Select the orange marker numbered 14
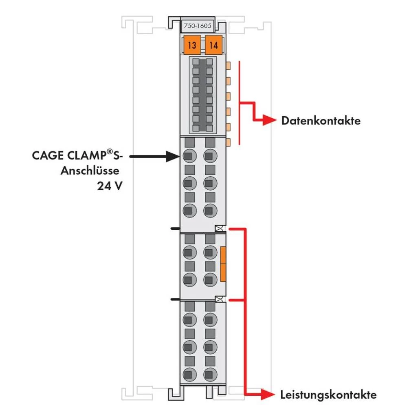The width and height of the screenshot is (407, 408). pos(213,45)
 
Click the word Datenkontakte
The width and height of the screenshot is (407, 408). pos(321,121)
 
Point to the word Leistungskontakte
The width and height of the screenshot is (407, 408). pos(328,395)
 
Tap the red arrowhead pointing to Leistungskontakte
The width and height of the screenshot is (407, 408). pos(269,394)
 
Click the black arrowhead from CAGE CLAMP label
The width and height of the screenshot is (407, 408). pos(173,155)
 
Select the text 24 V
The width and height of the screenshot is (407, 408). pos(110,186)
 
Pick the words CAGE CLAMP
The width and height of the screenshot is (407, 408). pos(68,156)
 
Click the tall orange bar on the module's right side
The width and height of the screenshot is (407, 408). pos(223,264)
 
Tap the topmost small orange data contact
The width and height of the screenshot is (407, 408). pos(228,65)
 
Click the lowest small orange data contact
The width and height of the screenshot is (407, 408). pos(228,142)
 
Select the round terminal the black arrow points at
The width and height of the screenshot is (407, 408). pos(188,155)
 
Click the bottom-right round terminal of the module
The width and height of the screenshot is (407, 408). pos(209,373)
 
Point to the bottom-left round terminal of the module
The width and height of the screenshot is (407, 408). pos(188,373)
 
